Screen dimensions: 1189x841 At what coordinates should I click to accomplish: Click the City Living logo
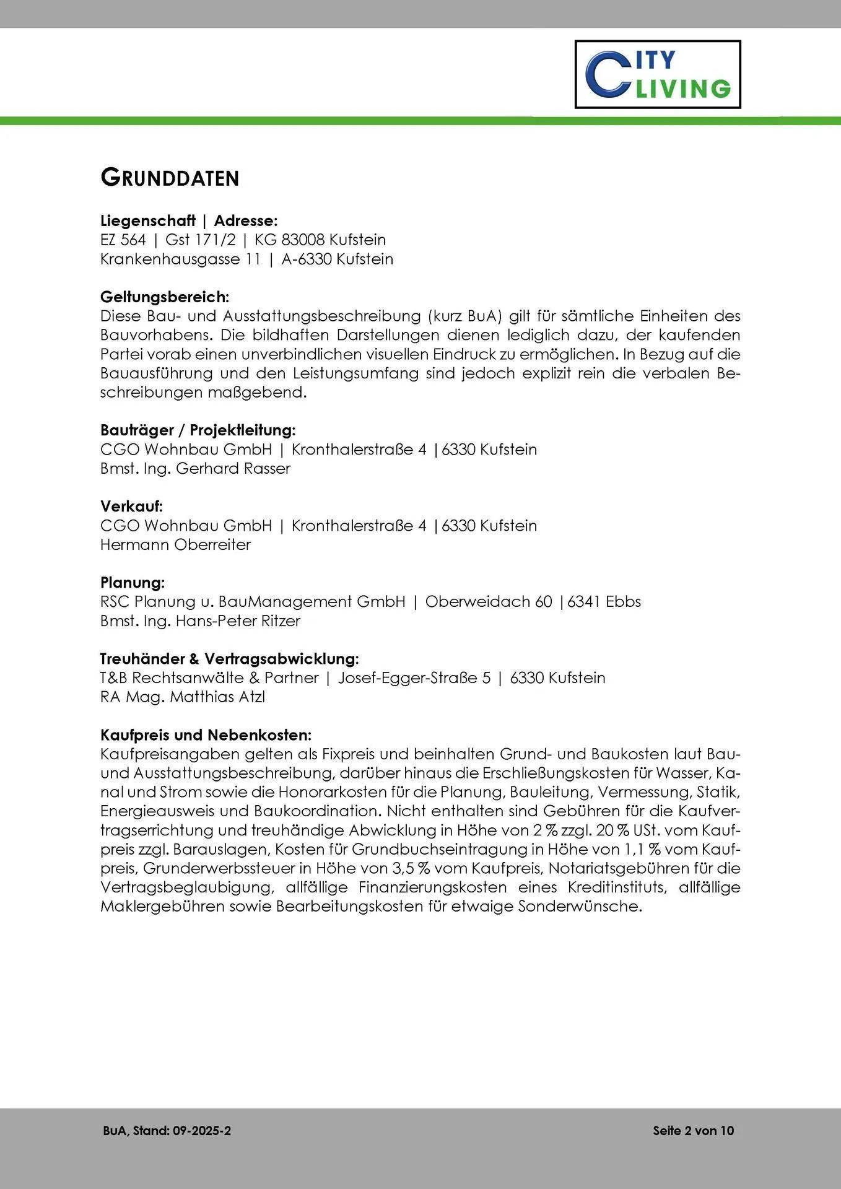[658, 74]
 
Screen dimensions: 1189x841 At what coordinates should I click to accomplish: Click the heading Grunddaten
[170, 178]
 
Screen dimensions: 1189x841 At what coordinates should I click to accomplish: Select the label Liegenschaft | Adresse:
[189, 220]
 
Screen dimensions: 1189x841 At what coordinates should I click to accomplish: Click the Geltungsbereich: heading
[165, 297]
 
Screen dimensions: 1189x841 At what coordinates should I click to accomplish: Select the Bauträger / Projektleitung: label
[198, 430]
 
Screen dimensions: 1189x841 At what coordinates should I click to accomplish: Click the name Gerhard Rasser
[233, 468]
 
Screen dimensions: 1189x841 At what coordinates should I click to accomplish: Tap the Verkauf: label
[131, 506]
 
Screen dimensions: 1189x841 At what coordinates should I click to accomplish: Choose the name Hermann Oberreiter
[175, 545]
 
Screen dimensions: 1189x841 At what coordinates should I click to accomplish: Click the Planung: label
[133, 583]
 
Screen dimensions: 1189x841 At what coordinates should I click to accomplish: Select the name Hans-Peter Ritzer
[238, 621]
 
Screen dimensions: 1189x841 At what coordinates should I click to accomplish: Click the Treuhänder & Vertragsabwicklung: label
[230, 658]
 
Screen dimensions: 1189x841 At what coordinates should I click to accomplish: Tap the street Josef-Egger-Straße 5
[414, 678]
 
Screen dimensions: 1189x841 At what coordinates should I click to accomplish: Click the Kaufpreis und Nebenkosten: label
[206, 735]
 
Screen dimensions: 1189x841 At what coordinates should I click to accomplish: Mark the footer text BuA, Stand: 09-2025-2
[167, 1131]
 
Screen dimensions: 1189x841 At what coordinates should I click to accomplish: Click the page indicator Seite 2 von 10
[693, 1131]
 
